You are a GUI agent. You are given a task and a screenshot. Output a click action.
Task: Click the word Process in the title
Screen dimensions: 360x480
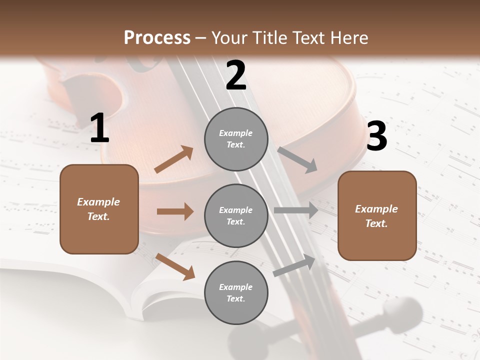(x=157, y=37)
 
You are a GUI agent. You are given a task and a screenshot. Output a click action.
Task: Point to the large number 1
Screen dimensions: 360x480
(x=99, y=128)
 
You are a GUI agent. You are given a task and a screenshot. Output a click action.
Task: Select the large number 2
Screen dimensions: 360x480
(x=236, y=75)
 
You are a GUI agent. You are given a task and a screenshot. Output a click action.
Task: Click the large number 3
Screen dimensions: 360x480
(x=376, y=136)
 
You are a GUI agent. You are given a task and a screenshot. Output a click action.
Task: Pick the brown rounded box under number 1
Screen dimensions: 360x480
(x=99, y=209)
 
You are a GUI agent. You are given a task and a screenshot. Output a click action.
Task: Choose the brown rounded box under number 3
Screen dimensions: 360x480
(x=377, y=215)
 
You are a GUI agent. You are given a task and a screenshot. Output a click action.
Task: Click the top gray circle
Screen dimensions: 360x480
(x=236, y=138)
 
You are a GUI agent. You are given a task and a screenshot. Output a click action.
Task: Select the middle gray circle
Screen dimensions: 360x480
(x=236, y=215)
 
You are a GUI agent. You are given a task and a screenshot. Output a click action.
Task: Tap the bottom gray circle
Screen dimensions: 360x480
(x=236, y=292)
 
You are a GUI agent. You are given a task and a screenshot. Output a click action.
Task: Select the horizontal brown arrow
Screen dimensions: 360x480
(x=175, y=211)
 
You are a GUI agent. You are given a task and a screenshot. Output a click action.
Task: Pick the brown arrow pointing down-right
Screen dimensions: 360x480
(x=175, y=266)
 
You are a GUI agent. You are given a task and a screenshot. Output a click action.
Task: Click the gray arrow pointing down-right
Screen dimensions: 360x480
(x=297, y=159)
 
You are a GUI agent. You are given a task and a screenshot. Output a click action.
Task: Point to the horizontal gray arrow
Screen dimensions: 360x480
(x=296, y=210)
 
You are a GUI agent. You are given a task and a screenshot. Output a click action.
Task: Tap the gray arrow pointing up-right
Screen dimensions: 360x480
(x=294, y=265)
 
